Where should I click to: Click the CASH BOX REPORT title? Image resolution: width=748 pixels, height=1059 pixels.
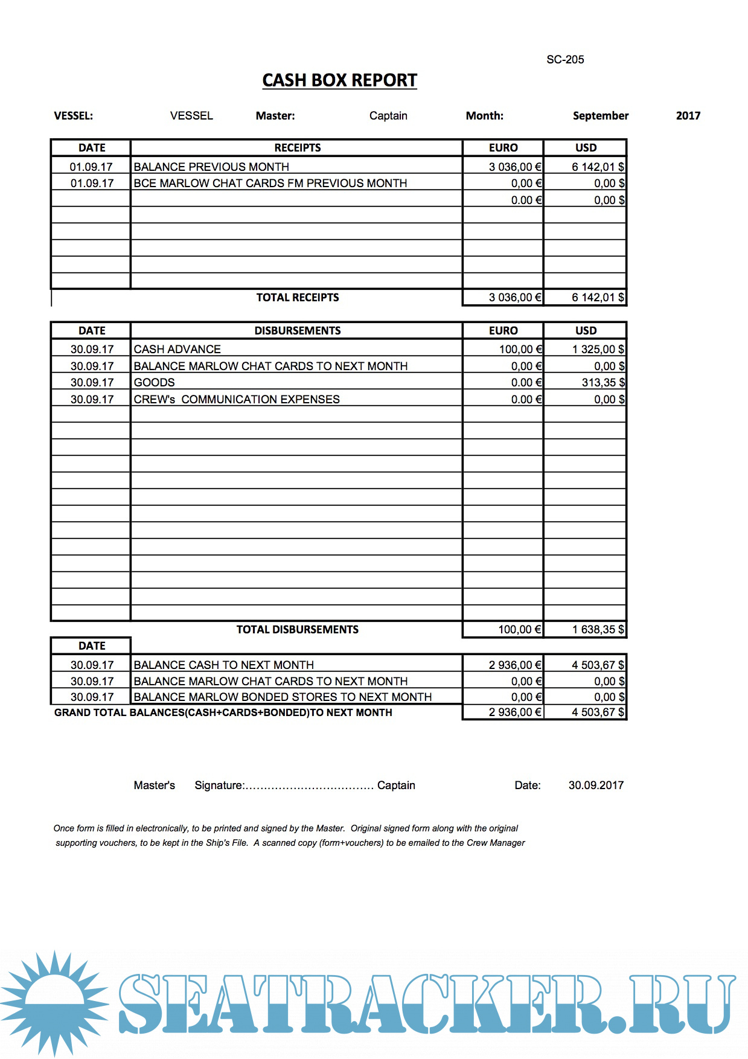(339, 80)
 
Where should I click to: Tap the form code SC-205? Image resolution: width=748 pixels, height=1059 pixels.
(565, 59)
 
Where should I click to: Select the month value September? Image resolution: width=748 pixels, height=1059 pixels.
(600, 115)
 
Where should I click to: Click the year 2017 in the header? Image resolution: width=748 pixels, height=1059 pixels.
(688, 115)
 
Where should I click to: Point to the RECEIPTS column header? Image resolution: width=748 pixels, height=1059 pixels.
(297, 148)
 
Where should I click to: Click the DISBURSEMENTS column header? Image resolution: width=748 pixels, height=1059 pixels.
(297, 331)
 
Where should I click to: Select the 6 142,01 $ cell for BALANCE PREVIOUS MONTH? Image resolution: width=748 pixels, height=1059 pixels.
(598, 167)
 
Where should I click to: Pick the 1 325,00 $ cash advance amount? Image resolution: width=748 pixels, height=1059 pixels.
(598, 349)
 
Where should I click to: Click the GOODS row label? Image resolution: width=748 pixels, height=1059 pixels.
(155, 382)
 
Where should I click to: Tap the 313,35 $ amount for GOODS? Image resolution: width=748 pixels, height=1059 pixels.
(603, 382)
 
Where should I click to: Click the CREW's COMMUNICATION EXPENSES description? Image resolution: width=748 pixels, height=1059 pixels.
(237, 399)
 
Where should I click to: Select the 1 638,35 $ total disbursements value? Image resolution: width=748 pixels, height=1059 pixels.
(598, 629)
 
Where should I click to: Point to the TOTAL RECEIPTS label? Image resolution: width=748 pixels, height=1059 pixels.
(297, 298)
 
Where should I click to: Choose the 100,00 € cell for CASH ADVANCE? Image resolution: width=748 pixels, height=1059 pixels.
(520, 349)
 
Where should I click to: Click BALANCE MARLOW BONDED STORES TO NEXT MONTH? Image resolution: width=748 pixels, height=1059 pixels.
(283, 697)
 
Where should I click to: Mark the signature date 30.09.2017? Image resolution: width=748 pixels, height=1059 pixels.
(596, 785)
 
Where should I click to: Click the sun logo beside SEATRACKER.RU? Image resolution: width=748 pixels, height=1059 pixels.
(54, 1003)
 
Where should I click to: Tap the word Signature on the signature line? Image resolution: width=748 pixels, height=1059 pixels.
(219, 785)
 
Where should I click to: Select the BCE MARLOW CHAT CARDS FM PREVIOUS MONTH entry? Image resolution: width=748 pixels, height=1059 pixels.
(270, 183)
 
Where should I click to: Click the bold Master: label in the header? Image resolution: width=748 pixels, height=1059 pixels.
(275, 115)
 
